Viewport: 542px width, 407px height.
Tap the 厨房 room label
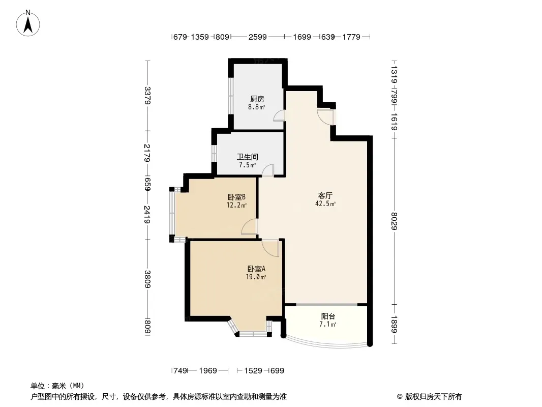click(257, 99)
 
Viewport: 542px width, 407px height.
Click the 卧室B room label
click(236, 197)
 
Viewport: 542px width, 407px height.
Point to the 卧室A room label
click(257, 269)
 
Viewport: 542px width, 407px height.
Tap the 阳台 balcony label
click(328, 316)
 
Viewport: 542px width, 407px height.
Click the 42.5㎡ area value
click(326, 204)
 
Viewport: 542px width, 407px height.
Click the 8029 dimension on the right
click(394, 220)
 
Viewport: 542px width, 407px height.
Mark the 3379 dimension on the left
click(147, 96)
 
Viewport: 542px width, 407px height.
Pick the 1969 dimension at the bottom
click(207, 371)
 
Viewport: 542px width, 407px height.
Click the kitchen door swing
click(279, 117)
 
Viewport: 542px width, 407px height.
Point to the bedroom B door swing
click(250, 227)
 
